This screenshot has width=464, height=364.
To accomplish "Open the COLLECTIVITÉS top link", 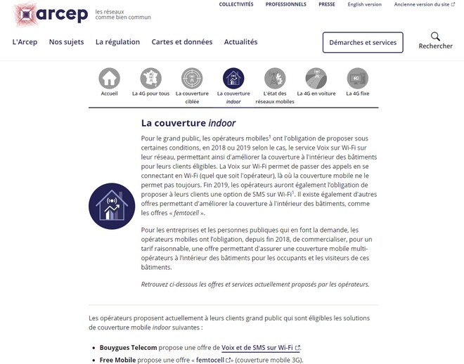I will (x=236, y=4).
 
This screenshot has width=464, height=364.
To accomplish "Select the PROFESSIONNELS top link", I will (x=285, y=4).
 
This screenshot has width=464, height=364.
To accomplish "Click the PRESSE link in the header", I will (x=326, y=4).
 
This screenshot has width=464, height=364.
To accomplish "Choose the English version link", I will (x=364, y=4).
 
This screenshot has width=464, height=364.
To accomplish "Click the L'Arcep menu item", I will (x=25, y=42).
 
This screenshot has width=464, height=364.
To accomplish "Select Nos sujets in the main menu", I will (x=66, y=42).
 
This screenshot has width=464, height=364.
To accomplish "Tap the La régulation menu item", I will (x=117, y=42).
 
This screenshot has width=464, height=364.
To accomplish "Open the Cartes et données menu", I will (x=181, y=42).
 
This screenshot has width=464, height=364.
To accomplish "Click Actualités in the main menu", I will (x=240, y=42).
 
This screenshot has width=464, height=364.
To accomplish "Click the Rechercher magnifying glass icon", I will (x=435, y=37).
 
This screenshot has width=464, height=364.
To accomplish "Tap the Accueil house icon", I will (x=109, y=78).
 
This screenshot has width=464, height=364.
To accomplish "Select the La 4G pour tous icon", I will (x=150, y=78).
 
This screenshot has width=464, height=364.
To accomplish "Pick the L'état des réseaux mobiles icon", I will (x=275, y=78).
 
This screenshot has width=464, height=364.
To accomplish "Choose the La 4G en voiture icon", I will (x=316, y=78).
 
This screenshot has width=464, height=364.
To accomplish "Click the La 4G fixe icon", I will (x=358, y=78).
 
